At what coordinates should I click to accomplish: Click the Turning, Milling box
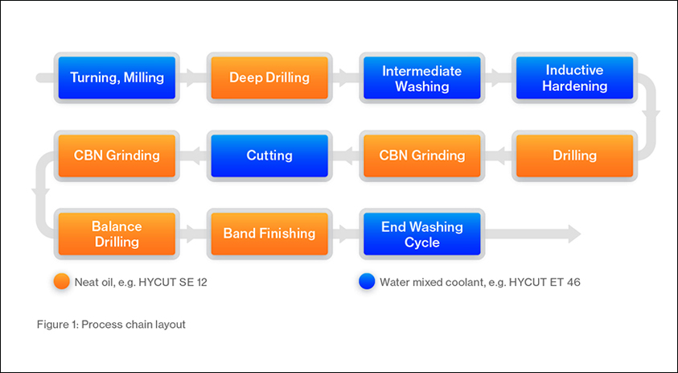click(x=117, y=78)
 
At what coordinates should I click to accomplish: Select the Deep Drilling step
click(x=269, y=78)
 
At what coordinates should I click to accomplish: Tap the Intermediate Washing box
click(x=422, y=78)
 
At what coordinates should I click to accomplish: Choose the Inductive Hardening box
click(x=575, y=78)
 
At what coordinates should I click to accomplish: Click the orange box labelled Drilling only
click(x=575, y=156)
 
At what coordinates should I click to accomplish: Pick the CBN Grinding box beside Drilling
click(x=422, y=156)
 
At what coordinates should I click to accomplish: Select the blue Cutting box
click(x=269, y=156)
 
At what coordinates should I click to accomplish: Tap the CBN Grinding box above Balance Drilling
click(x=117, y=156)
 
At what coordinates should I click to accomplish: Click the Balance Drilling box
click(x=117, y=234)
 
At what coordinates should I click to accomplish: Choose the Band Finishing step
click(x=269, y=234)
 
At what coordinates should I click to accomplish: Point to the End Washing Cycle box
click(x=422, y=234)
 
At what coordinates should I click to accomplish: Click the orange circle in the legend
click(x=61, y=282)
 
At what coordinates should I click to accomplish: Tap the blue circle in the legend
click(x=367, y=282)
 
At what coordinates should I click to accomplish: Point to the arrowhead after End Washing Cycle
click(x=574, y=234)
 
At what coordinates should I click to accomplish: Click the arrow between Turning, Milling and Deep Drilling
click(x=193, y=78)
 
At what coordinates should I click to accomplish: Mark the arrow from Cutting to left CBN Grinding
click(x=193, y=156)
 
